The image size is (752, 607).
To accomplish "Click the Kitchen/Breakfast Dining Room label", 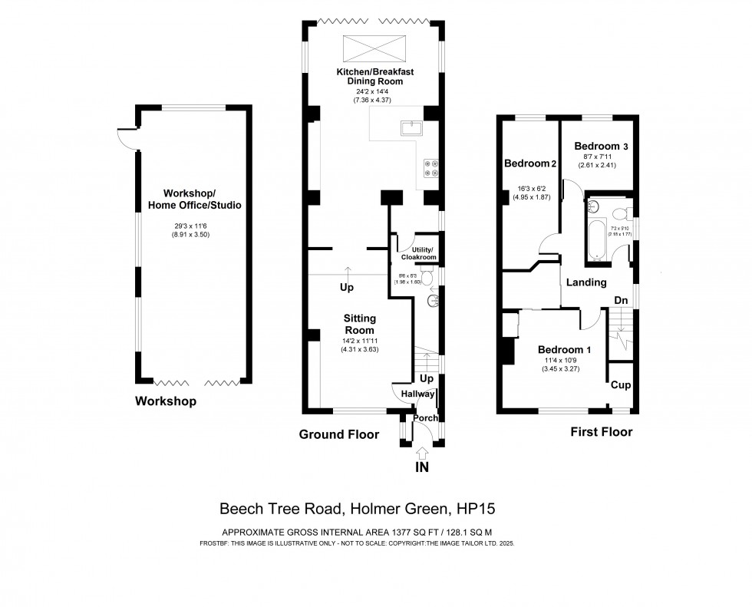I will tap(375, 77).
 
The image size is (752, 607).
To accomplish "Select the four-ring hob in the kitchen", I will tap(431, 167).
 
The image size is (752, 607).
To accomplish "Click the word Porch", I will tap(426, 418).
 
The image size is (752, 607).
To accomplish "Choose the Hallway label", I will tap(417, 394).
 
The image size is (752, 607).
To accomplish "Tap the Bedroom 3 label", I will tap(601, 146).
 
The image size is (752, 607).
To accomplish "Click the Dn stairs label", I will tap(622, 300).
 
